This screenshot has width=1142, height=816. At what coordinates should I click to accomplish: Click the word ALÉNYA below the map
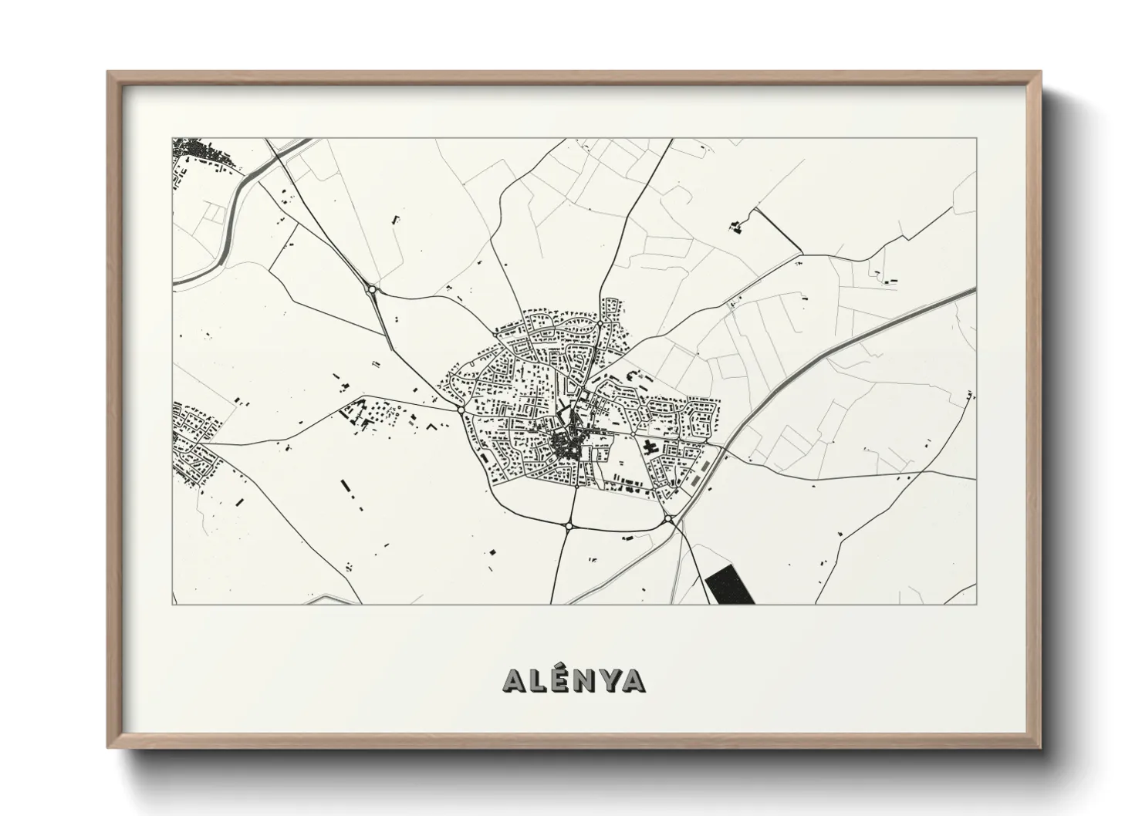[x=574, y=679]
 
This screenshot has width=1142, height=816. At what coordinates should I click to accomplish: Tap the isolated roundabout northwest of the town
[x=373, y=289]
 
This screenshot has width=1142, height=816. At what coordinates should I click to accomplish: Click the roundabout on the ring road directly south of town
[x=569, y=526]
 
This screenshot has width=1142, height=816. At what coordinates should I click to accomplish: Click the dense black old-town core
[x=568, y=444]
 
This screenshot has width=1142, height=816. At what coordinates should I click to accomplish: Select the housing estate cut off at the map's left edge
[x=193, y=440]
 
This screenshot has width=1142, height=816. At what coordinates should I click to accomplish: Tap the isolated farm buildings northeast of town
[x=735, y=226]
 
